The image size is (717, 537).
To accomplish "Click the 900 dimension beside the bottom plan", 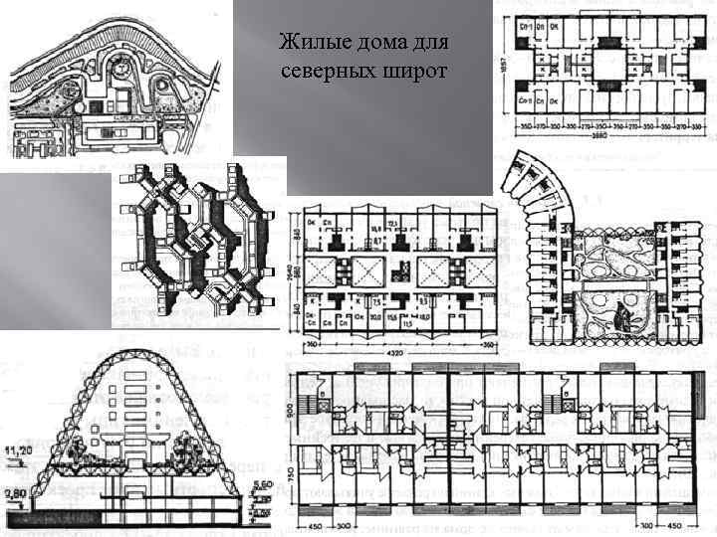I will [290, 410].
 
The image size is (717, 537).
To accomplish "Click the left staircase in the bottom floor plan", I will [320, 405].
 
